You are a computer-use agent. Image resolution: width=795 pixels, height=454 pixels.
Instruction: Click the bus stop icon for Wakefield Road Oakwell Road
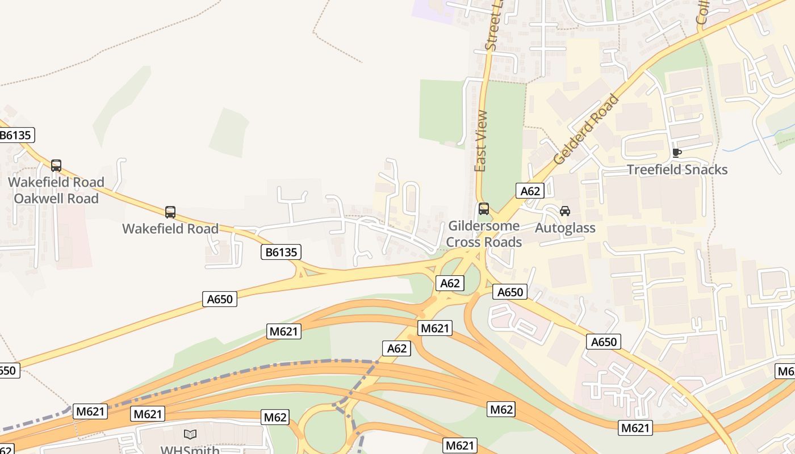tap(56, 166)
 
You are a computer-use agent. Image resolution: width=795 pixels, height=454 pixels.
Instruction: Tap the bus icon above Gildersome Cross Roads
tap(483, 209)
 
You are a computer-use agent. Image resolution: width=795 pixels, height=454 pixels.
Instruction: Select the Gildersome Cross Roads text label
tap(483, 234)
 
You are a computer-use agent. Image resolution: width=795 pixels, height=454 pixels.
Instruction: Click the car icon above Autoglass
tap(565, 211)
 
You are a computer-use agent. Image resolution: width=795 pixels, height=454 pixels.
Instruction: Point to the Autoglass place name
tap(565, 228)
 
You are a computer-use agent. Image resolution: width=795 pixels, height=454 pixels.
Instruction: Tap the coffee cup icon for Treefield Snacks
tap(676, 153)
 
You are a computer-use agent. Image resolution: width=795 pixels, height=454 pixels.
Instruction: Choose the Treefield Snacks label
tap(677, 170)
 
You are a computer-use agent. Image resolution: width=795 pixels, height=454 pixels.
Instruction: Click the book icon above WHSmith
tap(190, 434)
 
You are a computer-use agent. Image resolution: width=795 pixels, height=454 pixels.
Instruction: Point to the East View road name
tap(481, 141)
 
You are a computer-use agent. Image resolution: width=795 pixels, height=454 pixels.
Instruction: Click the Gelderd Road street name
tap(586, 130)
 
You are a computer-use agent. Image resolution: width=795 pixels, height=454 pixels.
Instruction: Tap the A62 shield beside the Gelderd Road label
tap(530, 191)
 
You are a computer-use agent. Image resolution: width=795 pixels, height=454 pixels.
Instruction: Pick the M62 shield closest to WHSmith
tap(275, 418)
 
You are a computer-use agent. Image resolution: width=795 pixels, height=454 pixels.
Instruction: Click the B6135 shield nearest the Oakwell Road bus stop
tap(16, 135)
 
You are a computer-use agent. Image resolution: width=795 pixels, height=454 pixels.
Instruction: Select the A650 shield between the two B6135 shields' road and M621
tap(220, 299)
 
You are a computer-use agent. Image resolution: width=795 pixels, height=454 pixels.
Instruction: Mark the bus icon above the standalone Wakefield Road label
tap(170, 212)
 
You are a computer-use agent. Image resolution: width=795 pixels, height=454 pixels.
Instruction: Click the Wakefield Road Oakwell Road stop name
tap(56, 190)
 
